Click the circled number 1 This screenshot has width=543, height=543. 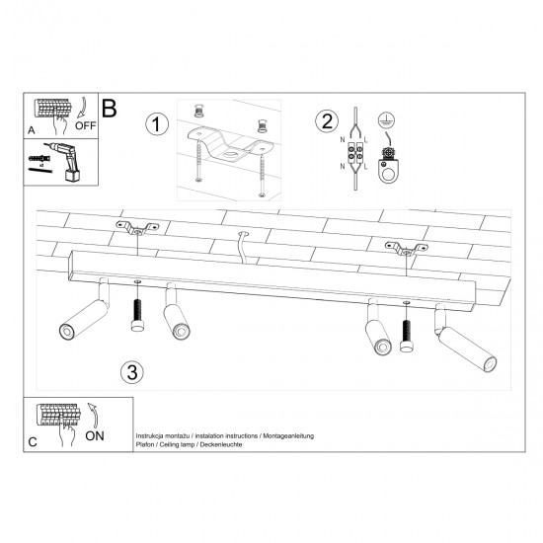tap(154, 124)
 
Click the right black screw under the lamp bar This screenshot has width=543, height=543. tap(406, 336)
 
